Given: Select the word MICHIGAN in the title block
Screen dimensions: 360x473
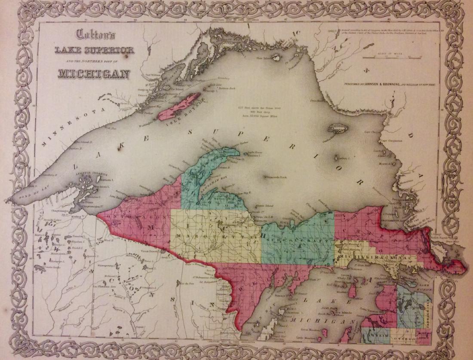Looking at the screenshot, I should pyautogui.click(x=94, y=73).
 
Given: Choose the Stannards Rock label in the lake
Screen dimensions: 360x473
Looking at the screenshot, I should pyautogui.click(x=277, y=177).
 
